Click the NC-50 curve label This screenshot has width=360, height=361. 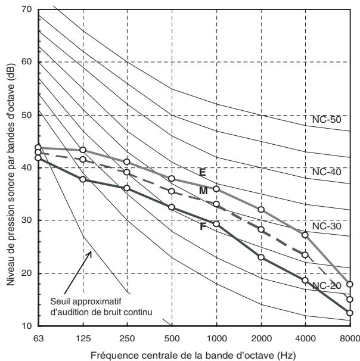pos(327,120)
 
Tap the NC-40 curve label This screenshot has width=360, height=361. pos(327,172)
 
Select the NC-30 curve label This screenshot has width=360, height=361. pos(327,226)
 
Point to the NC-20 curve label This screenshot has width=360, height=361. pos(327,286)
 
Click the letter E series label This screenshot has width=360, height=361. pos(202,172)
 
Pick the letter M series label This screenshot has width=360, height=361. pos(203,191)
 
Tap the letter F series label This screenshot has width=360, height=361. pos(203,227)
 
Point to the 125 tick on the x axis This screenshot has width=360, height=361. pos(83,338)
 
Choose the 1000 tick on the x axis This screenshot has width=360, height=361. pos(216,338)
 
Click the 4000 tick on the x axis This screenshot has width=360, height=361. pos(305,338)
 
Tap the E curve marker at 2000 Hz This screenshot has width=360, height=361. pos(261,210)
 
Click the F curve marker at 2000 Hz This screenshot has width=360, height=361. pos(261,257)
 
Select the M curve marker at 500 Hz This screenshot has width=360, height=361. pos(172,191)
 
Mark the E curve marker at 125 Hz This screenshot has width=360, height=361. pos(83,150)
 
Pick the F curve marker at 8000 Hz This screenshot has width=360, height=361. pos(350,313)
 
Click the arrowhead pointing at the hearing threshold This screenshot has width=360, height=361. pos(89,254)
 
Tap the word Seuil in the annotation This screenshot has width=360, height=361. pos(59,301)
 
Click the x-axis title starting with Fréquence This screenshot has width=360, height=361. pos(193,355)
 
